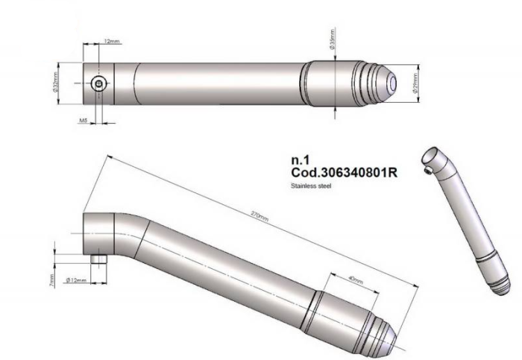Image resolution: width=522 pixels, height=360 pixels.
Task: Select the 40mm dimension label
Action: point(356,280)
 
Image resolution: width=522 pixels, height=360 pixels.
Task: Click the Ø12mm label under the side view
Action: point(76,280)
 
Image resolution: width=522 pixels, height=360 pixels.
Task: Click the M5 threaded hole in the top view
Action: point(99,84)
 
